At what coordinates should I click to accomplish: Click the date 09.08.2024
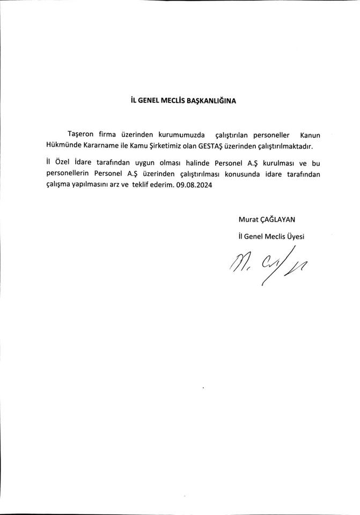pyautogui.click(x=194, y=185)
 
